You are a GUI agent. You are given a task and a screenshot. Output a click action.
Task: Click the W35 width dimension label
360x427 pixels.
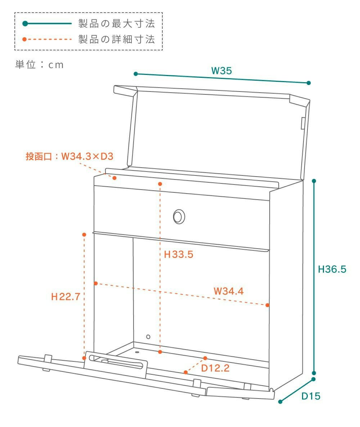(x=221, y=71)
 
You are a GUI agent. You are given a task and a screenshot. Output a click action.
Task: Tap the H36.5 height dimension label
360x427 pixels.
(x=332, y=269)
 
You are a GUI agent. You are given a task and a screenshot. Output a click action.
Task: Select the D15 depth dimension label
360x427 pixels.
(x=311, y=396)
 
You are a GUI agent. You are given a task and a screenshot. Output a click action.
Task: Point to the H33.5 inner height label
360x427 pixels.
(x=179, y=254)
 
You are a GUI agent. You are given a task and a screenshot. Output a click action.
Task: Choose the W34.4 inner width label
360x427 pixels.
(x=229, y=291)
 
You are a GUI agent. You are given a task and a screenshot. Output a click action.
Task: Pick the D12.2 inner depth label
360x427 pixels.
(x=215, y=368)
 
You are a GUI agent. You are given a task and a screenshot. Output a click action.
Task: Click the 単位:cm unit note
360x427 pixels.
(x=39, y=65)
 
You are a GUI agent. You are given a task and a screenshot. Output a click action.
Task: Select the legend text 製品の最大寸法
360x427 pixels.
(x=117, y=24)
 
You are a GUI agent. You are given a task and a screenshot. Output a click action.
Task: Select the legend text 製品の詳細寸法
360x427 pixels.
(x=117, y=39)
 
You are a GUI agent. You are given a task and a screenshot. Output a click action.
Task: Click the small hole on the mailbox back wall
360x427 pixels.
(x=148, y=337)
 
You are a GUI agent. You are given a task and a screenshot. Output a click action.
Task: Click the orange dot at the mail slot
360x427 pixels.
(x=114, y=178)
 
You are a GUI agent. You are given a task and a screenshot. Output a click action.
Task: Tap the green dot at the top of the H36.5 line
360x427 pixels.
(x=314, y=181)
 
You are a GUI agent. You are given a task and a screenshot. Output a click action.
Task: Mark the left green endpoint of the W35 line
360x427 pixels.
(x=136, y=74)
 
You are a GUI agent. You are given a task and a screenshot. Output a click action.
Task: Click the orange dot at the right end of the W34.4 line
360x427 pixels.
(x=267, y=305)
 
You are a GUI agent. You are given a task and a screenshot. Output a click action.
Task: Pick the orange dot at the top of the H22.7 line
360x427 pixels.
(x=84, y=235)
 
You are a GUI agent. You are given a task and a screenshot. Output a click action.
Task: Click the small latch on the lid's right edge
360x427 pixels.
(x=303, y=123)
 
